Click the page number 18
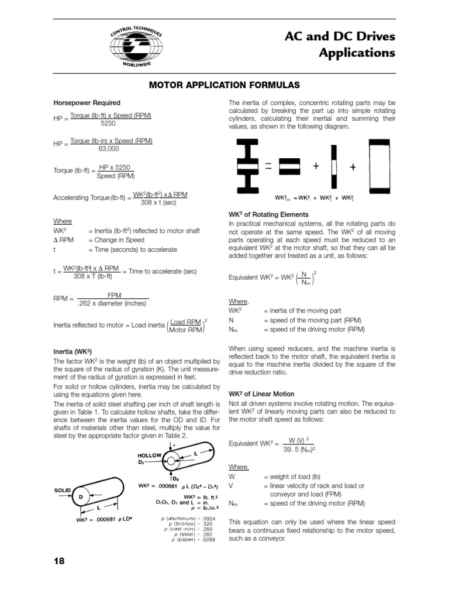click(x=59, y=561)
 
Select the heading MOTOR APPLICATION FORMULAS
click(x=224, y=85)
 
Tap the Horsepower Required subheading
click(x=87, y=103)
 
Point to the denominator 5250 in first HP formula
click(x=108, y=124)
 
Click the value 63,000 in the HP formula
click(x=109, y=149)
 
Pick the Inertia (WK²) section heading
click(x=73, y=352)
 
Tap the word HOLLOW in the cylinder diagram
click(x=149, y=455)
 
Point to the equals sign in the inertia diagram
click(x=268, y=166)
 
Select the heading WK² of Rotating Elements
click(x=269, y=215)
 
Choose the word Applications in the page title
click(x=357, y=53)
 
